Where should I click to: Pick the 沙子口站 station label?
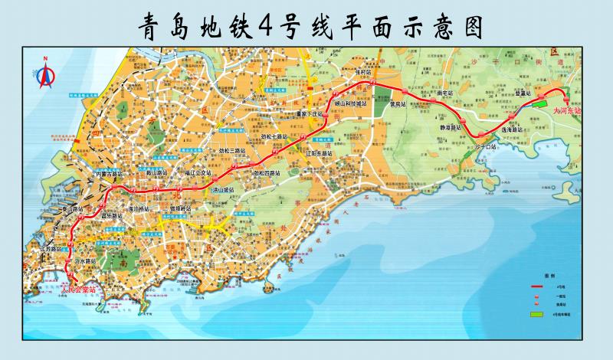tap(487, 144)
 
